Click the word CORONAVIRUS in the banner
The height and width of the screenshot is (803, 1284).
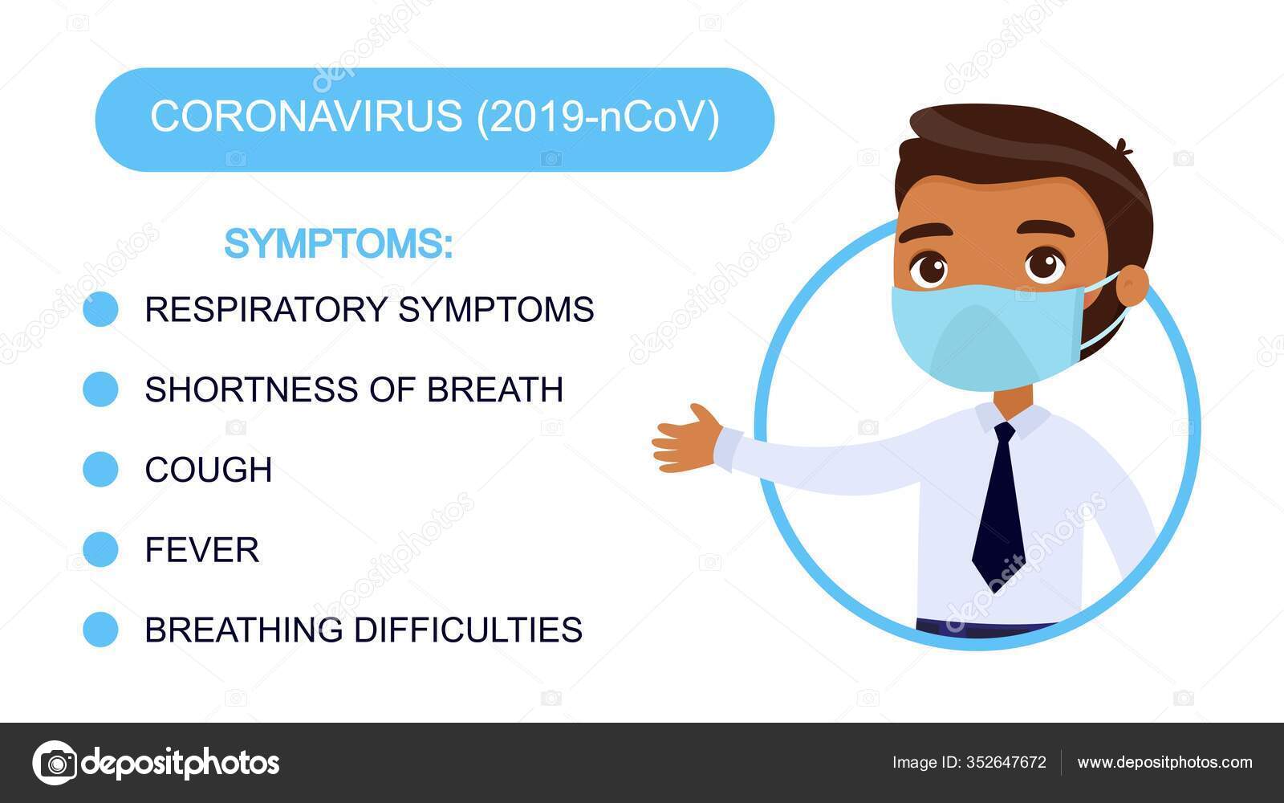pos(306,116)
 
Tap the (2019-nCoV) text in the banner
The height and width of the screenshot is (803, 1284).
pos(598,117)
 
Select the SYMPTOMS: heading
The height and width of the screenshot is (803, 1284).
pos(338,244)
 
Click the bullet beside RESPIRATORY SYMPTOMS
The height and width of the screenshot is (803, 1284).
pos(100,309)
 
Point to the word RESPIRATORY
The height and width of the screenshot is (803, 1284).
pos(266,309)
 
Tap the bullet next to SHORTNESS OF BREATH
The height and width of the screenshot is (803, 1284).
pos(100,389)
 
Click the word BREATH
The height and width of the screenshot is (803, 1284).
pos(495,389)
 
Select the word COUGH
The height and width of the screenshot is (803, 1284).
pos(208,469)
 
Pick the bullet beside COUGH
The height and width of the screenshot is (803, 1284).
pos(100,469)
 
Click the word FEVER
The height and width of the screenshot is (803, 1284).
pos(201,549)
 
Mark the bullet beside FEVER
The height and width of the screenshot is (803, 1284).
pos(100,549)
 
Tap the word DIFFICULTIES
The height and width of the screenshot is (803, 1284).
pos(468,630)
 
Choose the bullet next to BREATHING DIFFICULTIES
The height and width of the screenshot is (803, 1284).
pos(100,630)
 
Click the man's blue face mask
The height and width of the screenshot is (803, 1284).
pos(987,337)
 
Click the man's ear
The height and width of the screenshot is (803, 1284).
pos(1132,286)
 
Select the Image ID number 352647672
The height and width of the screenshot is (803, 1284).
pos(1006,762)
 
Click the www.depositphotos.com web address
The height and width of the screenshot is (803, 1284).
pos(1164,763)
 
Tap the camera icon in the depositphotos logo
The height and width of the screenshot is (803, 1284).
pos(55,763)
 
